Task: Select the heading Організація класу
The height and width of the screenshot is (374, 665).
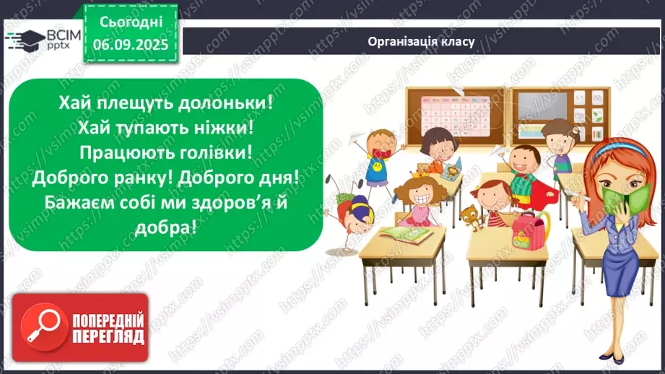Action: [x=420, y=41]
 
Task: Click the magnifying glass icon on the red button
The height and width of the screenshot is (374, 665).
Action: [x=42, y=326]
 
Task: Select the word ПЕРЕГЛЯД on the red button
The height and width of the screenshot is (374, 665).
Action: [x=108, y=336]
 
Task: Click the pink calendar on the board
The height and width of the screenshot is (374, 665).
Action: [x=443, y=115]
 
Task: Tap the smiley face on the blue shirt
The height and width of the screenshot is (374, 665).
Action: [x=375, y=171]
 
